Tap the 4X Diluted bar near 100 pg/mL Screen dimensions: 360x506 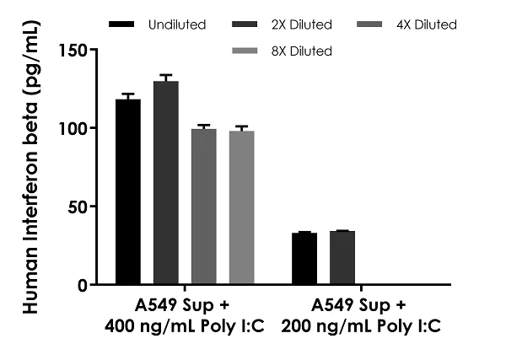(203, 207)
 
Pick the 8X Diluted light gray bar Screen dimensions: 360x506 (241, 207)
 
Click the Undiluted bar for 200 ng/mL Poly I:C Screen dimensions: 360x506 (304, 259)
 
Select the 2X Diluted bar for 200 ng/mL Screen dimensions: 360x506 (342, 258)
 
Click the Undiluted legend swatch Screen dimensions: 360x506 (124, 25)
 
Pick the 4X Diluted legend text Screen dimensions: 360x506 (426, 25)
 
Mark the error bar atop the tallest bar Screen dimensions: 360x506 (166, 78)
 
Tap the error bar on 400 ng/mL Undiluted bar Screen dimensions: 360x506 (128, 97)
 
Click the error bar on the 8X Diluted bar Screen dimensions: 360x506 (241, 129)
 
